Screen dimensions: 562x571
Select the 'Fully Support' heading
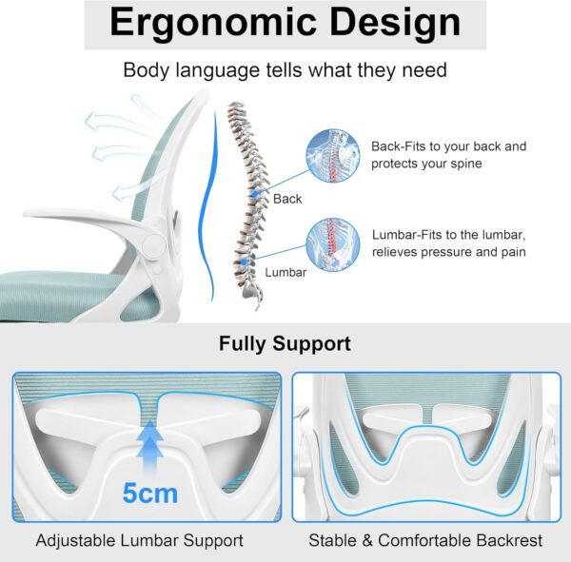tap(285, 343)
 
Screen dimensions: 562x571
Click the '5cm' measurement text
tap(149, 494)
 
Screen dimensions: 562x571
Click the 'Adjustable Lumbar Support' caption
tap(140, 540)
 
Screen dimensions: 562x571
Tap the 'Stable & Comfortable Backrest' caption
tap(425, 540)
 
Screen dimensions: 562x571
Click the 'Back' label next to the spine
tap(286, 199)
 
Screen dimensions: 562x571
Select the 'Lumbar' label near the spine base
tap(285, 272)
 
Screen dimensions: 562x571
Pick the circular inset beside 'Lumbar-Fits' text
tap(332, 245)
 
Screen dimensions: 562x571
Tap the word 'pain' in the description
tap(509, 252)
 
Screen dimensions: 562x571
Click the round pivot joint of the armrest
tap(152, 246)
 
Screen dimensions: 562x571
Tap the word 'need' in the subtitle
tap(426, 70)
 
